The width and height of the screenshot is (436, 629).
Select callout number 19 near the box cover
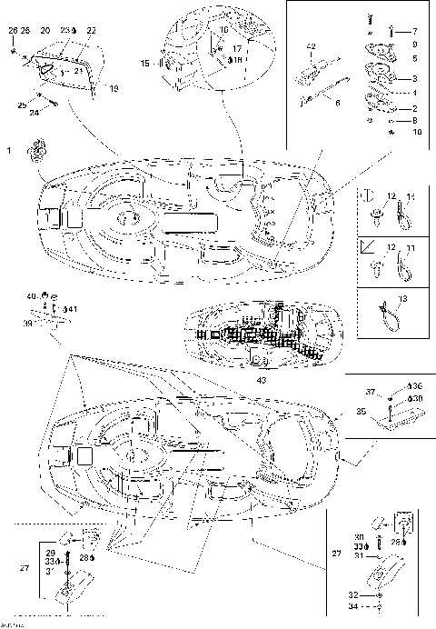113,89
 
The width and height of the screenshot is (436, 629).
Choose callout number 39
28,322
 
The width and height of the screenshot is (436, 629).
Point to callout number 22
91,30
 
